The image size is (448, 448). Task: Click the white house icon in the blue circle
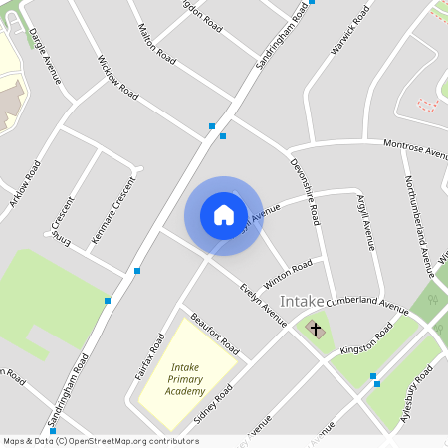coord(223,214)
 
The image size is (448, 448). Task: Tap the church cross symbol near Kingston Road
coord(316,329)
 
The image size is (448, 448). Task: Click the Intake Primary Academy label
coord(186,379)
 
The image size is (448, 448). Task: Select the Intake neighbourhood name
coord(302,300)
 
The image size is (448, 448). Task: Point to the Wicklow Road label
coord(117,77)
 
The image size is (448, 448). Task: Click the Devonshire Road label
coord(304,189)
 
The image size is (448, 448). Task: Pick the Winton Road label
coord(289,270)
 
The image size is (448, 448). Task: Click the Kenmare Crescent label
coord(112,210)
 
